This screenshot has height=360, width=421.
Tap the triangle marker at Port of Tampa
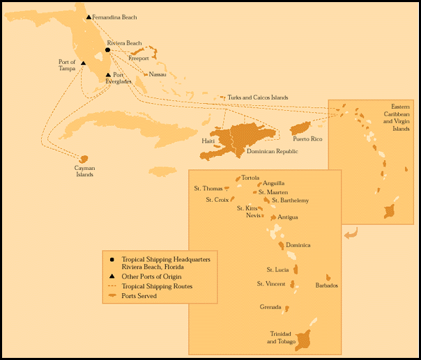(83, 63)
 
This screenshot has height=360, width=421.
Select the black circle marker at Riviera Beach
(107, 50)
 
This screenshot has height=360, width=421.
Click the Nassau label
(158, 74)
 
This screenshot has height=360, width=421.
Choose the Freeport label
(138, 58)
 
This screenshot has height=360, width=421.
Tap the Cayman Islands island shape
(84, 159)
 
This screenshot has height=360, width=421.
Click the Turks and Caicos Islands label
(257, 97)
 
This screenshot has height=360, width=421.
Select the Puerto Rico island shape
(300, 129)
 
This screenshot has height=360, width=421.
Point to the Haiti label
(208, 141)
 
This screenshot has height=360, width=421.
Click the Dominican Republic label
(273, 150)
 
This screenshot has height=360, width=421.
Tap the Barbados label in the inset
(326, 285)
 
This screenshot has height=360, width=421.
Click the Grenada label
(270, 307)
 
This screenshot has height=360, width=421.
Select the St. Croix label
(217, 200)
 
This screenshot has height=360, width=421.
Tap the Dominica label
(298, 245)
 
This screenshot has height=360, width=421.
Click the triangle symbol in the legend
(112, 276)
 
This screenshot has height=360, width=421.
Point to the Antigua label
(287, 217)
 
